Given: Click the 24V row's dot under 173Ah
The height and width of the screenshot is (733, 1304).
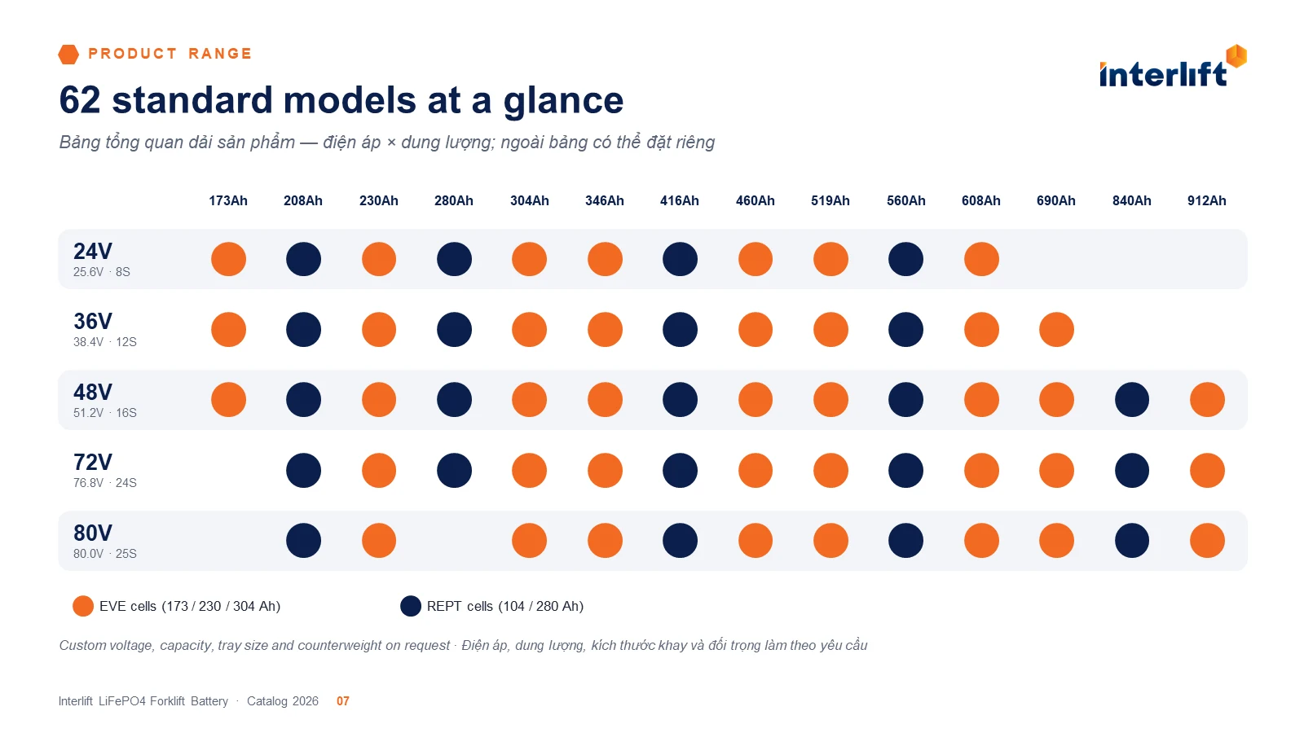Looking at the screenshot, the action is [x=228, y=259].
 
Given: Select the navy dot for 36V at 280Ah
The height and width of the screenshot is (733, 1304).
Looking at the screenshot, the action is [x=454, y=329].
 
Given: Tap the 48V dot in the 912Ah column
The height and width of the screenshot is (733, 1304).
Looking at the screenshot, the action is [x=1207, y=400].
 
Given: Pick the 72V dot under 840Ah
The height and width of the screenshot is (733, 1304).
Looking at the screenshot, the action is [x=1132, y=470].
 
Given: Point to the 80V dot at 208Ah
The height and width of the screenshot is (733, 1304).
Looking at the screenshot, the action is [x=303, y=541].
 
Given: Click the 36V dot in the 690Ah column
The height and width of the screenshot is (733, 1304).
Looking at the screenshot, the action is [x=1056, y=329].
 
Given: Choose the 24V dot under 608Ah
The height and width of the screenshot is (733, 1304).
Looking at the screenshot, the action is [x=981, y=259].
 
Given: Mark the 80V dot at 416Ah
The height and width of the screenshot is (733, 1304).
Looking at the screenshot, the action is [x=680, y=541].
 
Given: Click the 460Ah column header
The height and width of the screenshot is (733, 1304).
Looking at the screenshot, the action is [x=755, y=200].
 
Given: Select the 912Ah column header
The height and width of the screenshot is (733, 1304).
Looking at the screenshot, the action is [x=1207, y=200].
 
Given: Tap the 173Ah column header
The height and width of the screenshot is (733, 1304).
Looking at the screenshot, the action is [x=228, y=200].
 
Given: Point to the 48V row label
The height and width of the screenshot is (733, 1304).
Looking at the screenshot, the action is [x=93, y=392].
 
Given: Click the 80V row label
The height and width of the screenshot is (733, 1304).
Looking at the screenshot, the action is [x=93, y=533].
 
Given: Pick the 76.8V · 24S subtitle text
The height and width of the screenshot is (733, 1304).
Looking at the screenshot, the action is [x=105, y=483].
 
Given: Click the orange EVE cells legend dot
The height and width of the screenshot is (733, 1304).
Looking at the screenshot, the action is [x=82, y=606].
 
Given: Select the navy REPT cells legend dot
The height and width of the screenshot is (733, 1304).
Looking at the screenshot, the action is [x=411, y=606].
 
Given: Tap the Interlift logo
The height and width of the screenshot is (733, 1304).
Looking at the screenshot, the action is [x=1173, y=66].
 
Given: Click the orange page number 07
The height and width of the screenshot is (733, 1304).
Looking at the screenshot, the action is [x=343, y=701].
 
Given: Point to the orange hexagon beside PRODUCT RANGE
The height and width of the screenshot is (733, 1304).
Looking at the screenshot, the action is [x=68, y=54].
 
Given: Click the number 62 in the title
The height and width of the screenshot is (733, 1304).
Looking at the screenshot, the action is [x=80, y=100].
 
